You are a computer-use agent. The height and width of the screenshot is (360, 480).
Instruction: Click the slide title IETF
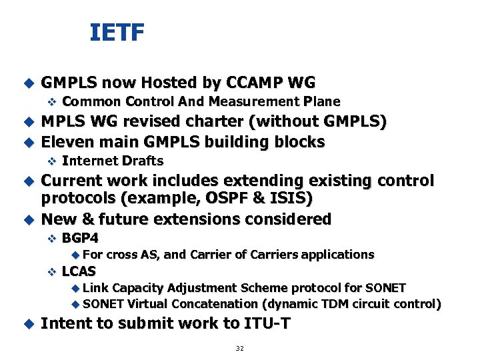(117, 32)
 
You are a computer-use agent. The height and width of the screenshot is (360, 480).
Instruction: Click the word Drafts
(143, 161)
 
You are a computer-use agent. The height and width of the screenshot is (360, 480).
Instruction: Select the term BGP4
(80, 238)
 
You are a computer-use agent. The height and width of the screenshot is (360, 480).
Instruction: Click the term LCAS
(79, 271)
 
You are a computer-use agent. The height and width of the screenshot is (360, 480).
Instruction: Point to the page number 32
(240, 349)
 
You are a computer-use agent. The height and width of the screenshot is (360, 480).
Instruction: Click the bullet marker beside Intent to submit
(28, 324)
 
